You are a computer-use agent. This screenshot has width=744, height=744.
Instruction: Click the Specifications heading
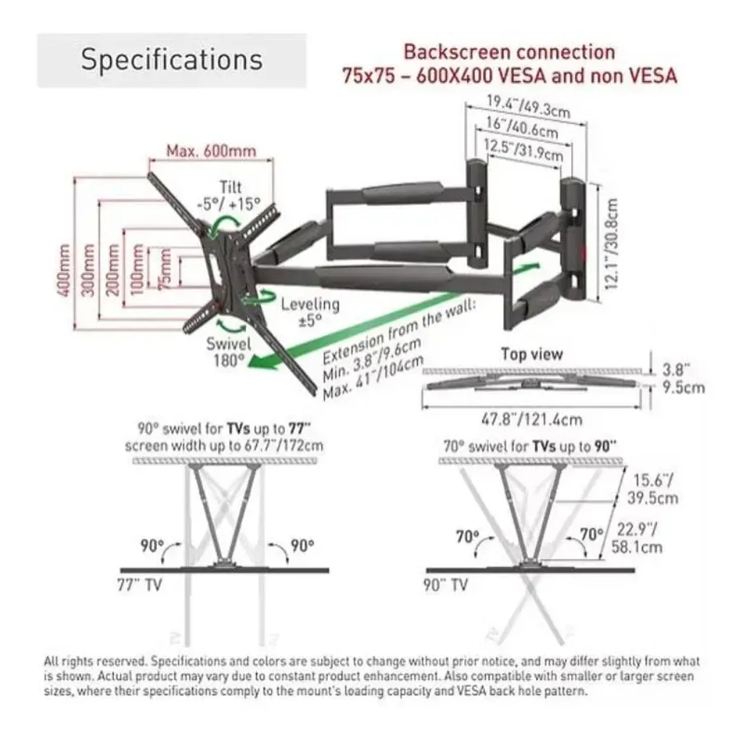coord(171,59)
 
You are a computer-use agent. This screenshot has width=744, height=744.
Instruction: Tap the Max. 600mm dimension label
coord(211,152)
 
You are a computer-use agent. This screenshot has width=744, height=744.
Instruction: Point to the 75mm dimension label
coord(167,269)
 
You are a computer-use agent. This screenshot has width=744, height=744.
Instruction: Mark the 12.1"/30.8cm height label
coord(612,244)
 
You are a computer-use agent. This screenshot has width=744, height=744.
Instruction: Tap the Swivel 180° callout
coord(228,351)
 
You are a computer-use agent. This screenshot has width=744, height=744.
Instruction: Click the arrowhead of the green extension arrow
coord(263,365)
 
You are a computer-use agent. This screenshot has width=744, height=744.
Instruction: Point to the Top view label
coord(532,354)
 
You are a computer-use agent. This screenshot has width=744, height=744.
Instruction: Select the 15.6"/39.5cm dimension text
coord(655,488)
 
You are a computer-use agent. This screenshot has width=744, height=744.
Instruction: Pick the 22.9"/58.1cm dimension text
coord(637,538)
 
